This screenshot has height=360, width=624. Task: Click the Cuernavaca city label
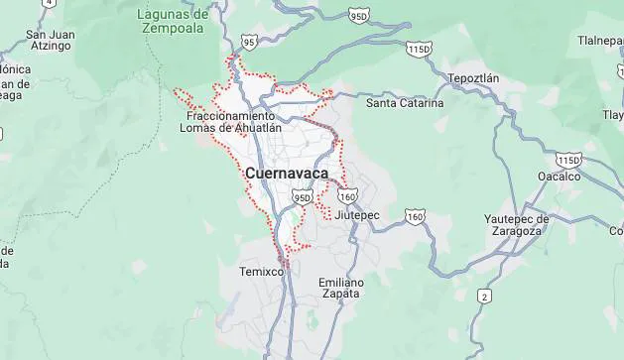pos(286,174)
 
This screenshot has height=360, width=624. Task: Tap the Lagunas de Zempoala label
pos(175,21)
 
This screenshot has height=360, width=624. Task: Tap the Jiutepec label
pos(357,214)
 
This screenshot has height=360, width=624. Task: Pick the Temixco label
pos(262,271)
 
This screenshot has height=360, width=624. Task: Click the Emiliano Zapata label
pos(341,288)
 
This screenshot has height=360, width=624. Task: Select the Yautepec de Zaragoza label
pos(516,224)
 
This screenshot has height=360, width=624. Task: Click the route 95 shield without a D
pos(249,42)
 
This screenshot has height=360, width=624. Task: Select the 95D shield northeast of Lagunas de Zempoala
pos(359,16)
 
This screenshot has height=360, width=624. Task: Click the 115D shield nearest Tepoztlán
pos(420,48)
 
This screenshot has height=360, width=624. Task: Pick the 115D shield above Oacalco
pos(568,160)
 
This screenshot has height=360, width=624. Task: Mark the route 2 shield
pos(484,296)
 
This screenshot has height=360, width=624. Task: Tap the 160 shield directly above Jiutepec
pos(347,196)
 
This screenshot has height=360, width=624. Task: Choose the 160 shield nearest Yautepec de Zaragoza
pos(415,216)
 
